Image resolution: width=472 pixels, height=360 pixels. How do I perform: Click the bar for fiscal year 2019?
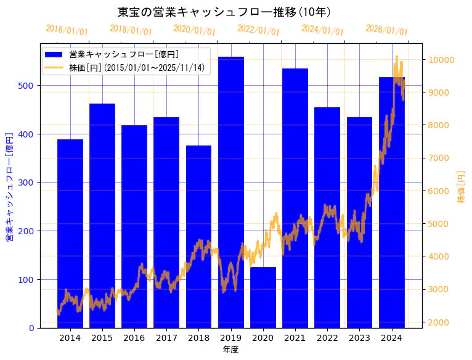pyautogui.click(x=231, y=192)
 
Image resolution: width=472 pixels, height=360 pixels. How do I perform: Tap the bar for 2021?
pyautogui.click(x=295, y=198)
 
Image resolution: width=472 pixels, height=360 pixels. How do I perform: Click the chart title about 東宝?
pyautogui.click(x=224, y=12)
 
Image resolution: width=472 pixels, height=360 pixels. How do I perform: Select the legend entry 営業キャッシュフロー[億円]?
pyautogui.click(x=124, y=55)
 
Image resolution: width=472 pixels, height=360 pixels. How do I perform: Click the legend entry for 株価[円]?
pyautogui.click(x=136, y=67)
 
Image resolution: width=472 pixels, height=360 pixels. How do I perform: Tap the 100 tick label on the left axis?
pyautogui.click(x=28, y=279)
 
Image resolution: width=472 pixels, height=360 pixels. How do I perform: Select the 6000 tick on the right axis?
pyautogui.click(x=437, y=191)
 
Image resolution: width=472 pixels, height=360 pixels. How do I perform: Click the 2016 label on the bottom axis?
pyautogui.click(x=134, y=338)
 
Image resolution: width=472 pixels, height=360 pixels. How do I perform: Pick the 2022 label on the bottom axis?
pyautogui.click(x=327, y=338)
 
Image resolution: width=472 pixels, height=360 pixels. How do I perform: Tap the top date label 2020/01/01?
pyautogui.click(x=194, y=30)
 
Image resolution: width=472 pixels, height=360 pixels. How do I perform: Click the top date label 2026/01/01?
pyautogui.click(x=386, y=30)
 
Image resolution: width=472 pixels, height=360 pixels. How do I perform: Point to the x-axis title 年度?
pyautogui.click(x=230, y=350)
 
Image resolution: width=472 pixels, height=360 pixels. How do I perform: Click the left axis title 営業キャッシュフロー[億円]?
pyautogui.click(x=9, y=186)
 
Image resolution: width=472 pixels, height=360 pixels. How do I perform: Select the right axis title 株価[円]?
pyautogui.click(x=462, y=187)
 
